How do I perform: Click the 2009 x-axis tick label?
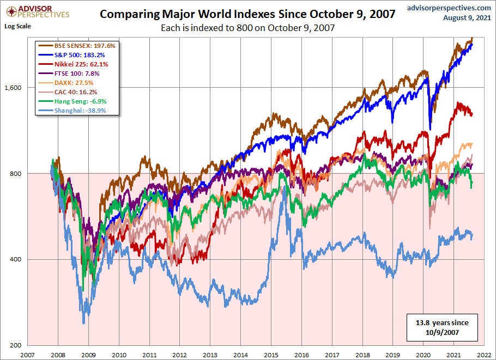coord(89,354)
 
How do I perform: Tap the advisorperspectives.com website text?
coord(441,8)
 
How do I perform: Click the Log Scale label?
coord(17,26)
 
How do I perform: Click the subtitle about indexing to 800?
coord(248,28)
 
